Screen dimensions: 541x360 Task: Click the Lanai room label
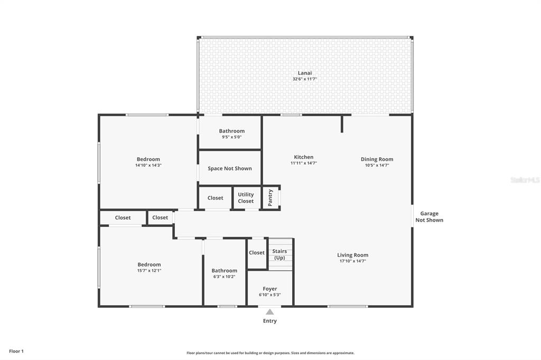click(305, 73)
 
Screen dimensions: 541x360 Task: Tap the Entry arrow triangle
click(270, 312)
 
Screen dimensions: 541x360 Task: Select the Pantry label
click(270, 197)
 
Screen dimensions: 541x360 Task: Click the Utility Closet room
click(246, 197)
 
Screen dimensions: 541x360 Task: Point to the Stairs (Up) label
click(279, 254)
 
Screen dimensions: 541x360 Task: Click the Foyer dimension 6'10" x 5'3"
click(270, 295)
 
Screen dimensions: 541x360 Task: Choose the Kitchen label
click(304, 157)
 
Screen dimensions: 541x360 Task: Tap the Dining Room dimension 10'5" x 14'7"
click(377, 165)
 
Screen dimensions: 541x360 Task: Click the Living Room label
click(352, 255)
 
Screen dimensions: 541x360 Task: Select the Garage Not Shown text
click(429, 216)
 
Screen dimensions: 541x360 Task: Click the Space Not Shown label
click(230, 168)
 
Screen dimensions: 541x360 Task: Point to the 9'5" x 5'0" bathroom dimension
click(231, 137)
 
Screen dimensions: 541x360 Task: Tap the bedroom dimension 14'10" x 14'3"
click(148, 165)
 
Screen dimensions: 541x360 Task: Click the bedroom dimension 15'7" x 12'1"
click(149, 271)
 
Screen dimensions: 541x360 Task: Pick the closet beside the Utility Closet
click(216, 198)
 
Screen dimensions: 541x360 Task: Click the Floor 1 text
click(16, 351)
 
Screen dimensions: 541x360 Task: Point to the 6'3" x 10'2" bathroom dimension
click(224, 277)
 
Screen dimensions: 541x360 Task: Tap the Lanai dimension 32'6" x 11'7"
click(305, 79)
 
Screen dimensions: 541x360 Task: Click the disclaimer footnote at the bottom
click(270, 353)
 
